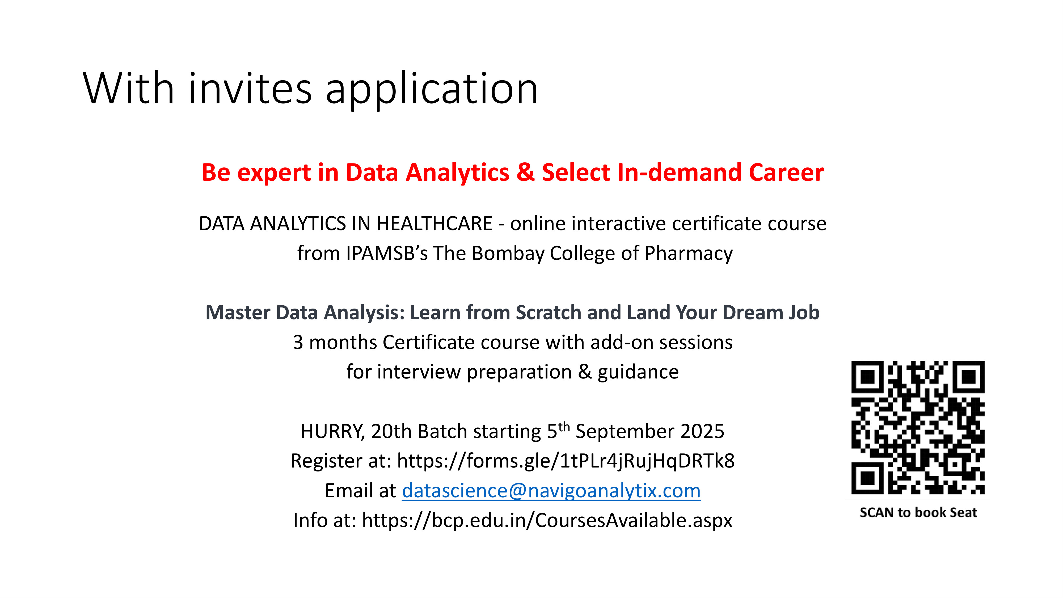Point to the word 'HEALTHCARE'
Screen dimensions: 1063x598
[x=434, y=224]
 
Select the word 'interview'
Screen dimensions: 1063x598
[x=419, y=372]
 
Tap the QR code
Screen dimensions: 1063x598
[x=918, y=428]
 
